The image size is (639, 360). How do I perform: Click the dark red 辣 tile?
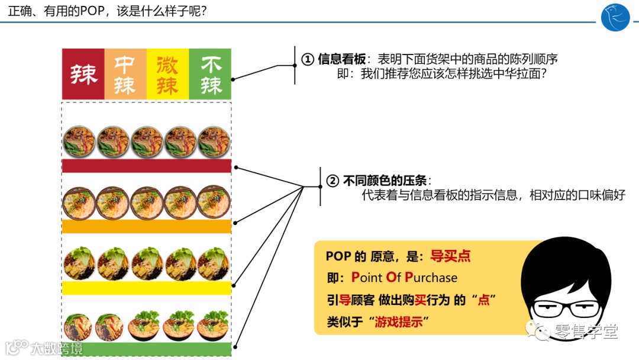pos(83,74)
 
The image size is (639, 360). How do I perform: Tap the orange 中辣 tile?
pos(125,74)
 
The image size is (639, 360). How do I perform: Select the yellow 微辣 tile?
pos(167,74)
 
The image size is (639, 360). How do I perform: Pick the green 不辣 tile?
pos(210,74)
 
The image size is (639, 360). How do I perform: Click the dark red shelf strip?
pos(146,166)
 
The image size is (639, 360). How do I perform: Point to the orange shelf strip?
pos(146,226)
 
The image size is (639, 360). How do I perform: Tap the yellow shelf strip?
pos(146,288)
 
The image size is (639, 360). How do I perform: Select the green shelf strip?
pos(146,349)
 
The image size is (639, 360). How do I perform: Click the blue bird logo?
pos(615,17)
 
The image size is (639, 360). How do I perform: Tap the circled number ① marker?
pos(307,59)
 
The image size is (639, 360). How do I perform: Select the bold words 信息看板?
pos(341,59)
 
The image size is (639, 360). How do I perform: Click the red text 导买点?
pos(450,256)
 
